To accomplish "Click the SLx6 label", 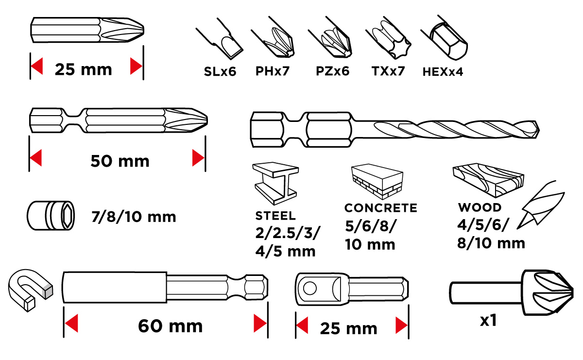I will pyautogui.click(x=220, y=72).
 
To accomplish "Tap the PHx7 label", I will pyautogui.click(x=273, y=72).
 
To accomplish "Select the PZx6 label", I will pyautogui.click(x=332, y=72).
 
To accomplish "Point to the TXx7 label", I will pyautogui.click(x=388, y=72).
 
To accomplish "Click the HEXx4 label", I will pyautogui.click(x=443, y=72).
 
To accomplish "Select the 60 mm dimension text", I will pyautogui.click(x=170, y=326).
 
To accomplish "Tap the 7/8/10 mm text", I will pyautogui.click(x=134, y=216).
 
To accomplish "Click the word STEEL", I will pyautogui.click(x=275, y=215).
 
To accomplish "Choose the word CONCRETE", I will pyautogui.click(x=380, y=208).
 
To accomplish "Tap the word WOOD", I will pyautogui.click(x=480, y=208).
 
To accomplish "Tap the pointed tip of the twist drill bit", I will pyautogui.click(x=538, y=129).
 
